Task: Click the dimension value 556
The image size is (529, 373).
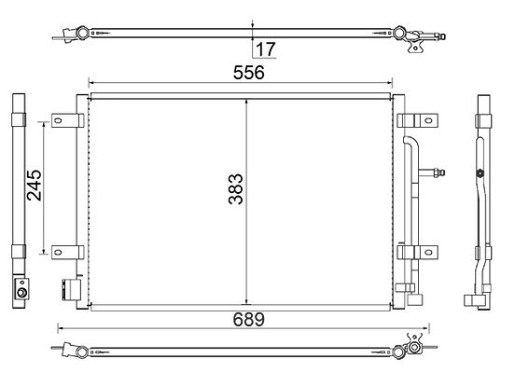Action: coord(249,73)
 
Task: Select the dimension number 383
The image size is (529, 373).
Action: coord(235,189)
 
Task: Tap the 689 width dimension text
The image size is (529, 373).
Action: coord(249,319)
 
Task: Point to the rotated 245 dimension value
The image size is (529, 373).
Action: coord(35,186)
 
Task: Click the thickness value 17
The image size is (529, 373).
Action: coord(266,49)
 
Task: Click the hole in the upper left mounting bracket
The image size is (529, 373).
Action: coord(58,120)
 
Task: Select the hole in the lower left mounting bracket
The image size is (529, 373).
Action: coord(58,252)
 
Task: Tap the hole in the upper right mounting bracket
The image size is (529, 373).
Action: coord(428,120)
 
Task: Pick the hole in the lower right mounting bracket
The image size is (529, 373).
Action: coord(428,252)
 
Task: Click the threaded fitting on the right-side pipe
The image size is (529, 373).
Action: coord(438,173)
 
